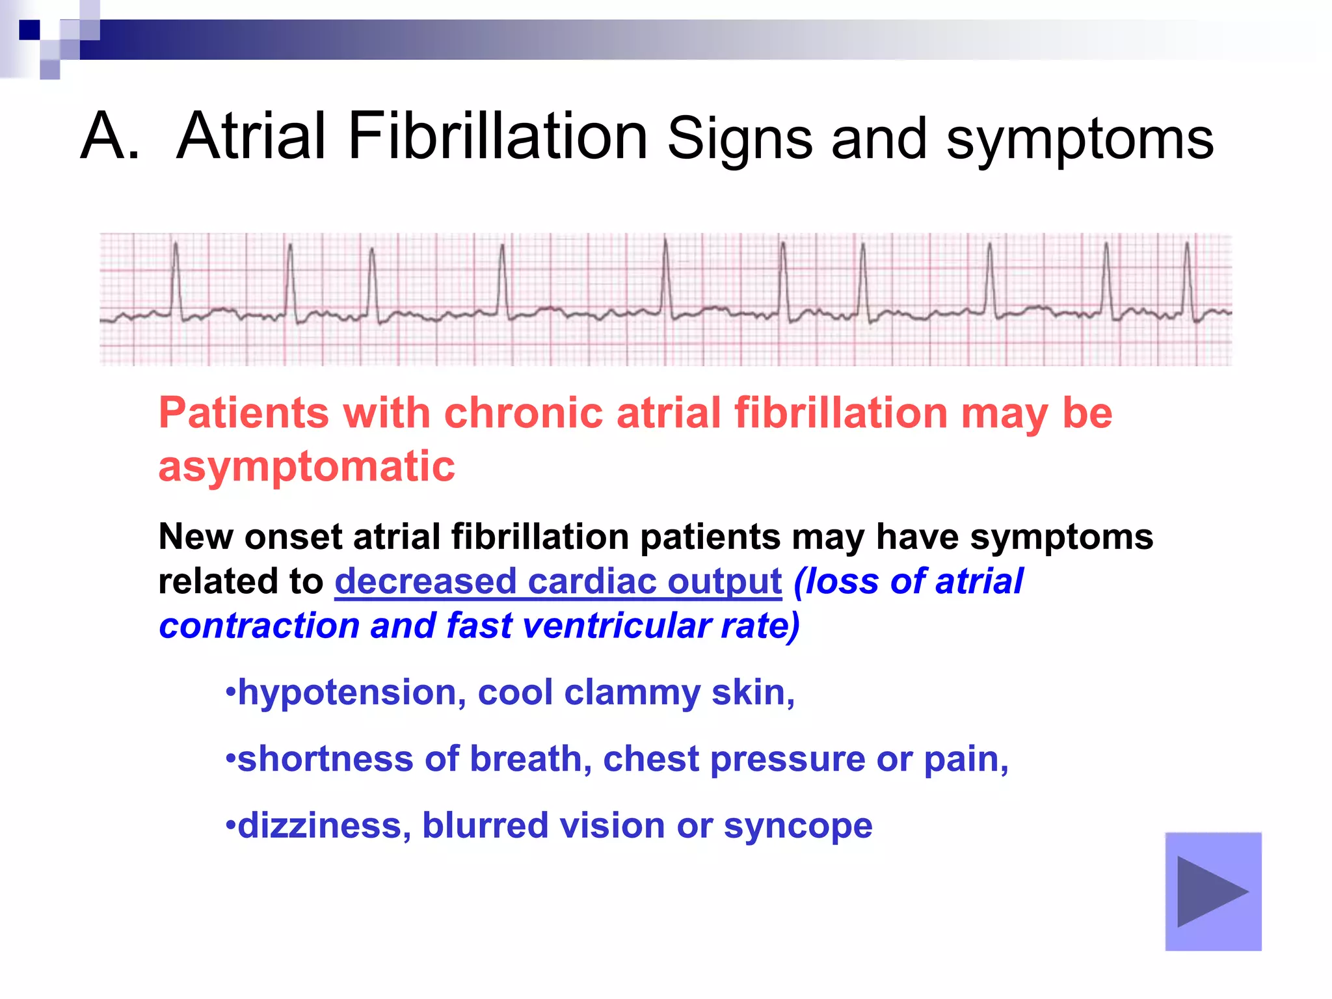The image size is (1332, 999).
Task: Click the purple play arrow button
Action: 1213,891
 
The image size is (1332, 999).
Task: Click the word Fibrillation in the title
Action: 497,136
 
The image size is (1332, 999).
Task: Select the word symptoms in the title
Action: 1080,139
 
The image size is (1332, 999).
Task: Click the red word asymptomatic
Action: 306,466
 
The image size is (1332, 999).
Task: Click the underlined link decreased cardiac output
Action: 558,581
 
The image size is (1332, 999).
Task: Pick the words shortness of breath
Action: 410,759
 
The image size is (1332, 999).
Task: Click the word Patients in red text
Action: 244,414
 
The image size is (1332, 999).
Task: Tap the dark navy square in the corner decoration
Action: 29,30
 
